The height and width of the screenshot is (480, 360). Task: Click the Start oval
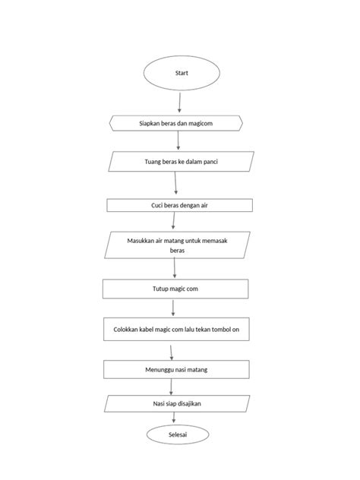pyautogui.click(x=182, y=74)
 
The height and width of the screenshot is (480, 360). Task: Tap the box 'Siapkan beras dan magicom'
pyautogui.click(x=176, y=122)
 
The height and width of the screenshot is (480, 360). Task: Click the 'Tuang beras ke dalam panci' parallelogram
pyautogui.click(x=177, y=162)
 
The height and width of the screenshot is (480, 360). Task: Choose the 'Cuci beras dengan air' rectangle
pyautogui.click(x=179, y=205)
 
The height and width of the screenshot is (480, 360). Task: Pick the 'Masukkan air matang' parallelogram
pyautogui.click(x=177, y=245)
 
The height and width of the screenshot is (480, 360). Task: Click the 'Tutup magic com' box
pyautogui.click(x=175, y=289)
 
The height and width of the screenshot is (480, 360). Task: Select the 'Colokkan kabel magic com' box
pyautogui.click(x=175, y=330)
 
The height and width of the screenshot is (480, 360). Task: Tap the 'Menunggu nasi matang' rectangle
pyautogui.click(x=177, y=369)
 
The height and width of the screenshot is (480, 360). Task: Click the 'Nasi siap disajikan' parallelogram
pyautogui.click(x=177, y=403)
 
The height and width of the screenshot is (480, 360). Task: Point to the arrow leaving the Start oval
pyautogui.click(x=179, y=103)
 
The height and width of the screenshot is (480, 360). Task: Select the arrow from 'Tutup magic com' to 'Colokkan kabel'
pyautogui.click(x=174, y=308)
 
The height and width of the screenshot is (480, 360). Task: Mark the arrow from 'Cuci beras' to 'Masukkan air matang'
pyautogui.click(x=174, y=221)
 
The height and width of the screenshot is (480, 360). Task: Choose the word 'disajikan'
pyautogui.click(x=196, y=403)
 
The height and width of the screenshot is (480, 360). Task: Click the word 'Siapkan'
pyautogui.click(x=144, y=122)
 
